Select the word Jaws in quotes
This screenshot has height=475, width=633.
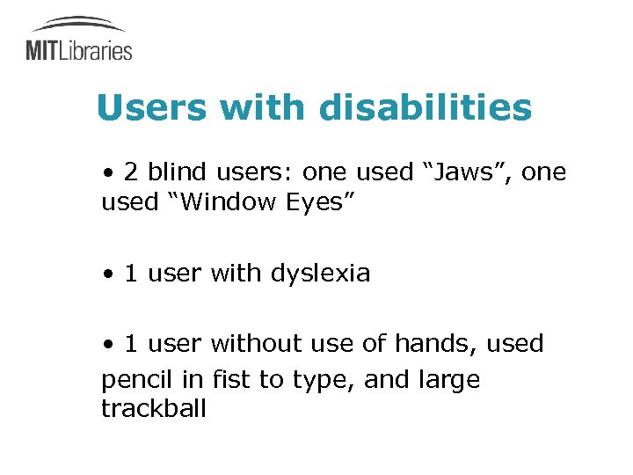click(x=463, y=172)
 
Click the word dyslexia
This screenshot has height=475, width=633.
click(x=320, y=274)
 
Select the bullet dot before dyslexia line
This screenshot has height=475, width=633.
click(x=106, y=274)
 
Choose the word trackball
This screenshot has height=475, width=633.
click(x=154, y=409)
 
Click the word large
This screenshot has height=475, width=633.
click(x=449, y=381)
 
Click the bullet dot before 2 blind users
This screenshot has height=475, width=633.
click(x=106, y=173)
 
